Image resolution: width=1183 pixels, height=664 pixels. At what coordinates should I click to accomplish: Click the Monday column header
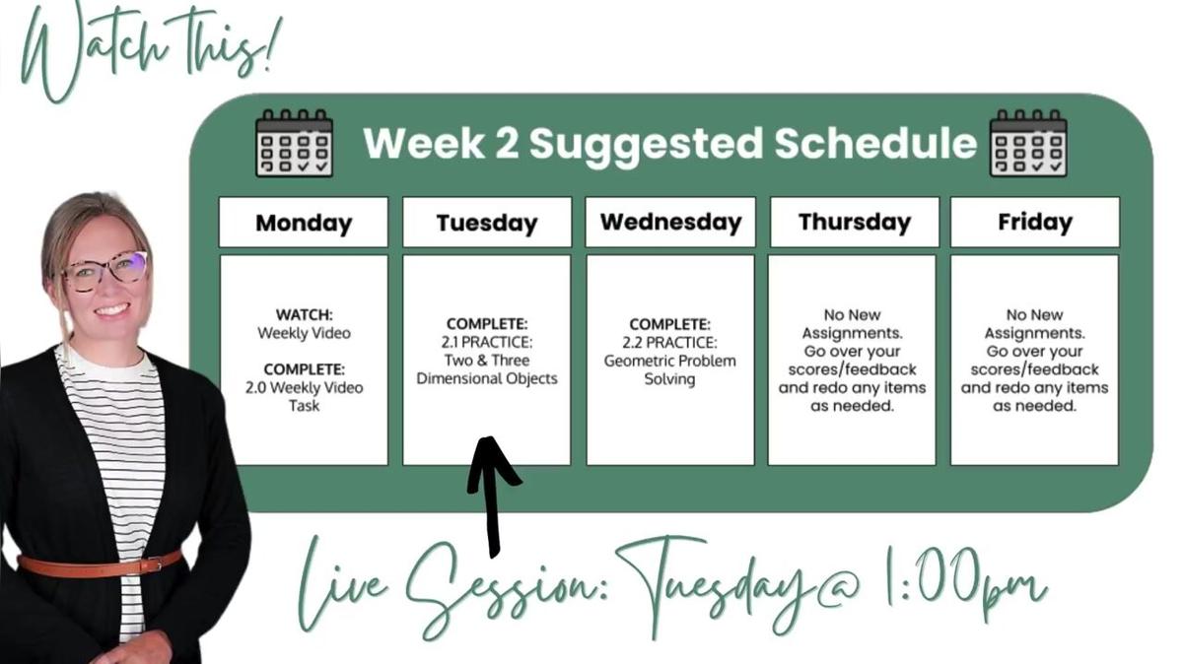coord(304,223)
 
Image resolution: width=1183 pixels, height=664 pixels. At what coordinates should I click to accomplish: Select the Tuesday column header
coord(487,223)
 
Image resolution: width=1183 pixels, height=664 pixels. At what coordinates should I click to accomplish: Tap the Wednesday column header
coord(670,223)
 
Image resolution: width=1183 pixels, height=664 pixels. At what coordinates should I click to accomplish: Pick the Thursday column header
coord(855,223)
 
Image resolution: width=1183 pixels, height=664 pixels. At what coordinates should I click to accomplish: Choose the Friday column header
coord(1034,223)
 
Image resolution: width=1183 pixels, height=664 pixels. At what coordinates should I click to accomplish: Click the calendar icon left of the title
coord(294,143)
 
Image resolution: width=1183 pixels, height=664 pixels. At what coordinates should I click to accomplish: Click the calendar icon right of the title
coord(1028,143)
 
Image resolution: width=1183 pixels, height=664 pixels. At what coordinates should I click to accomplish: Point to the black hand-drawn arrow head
coord(491,458)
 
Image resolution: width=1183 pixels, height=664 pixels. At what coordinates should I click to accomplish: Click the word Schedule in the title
coord(875,143)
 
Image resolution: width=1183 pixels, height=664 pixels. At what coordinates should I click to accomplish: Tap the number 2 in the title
coord(507,143)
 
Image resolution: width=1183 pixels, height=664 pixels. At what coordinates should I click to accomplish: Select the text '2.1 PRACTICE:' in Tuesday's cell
coord(487,342)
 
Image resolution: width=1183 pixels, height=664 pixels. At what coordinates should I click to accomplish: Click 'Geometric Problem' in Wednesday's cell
coord(669,361)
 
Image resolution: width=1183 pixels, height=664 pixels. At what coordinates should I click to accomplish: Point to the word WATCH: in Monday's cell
coord(305,314)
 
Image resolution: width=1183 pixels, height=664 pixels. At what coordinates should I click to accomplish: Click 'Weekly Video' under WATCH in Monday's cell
coord(305,333)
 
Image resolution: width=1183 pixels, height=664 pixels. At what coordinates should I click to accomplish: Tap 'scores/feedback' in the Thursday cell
coord(853,369)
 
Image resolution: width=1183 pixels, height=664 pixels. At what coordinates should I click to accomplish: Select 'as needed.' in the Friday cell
coord(1034,406)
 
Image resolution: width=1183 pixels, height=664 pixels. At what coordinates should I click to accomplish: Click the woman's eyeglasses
coord(105,270)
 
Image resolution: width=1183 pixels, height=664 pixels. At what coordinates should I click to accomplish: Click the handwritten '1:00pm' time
coord(965,586)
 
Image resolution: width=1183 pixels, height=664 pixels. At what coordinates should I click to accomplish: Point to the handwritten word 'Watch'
coord(95,53)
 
